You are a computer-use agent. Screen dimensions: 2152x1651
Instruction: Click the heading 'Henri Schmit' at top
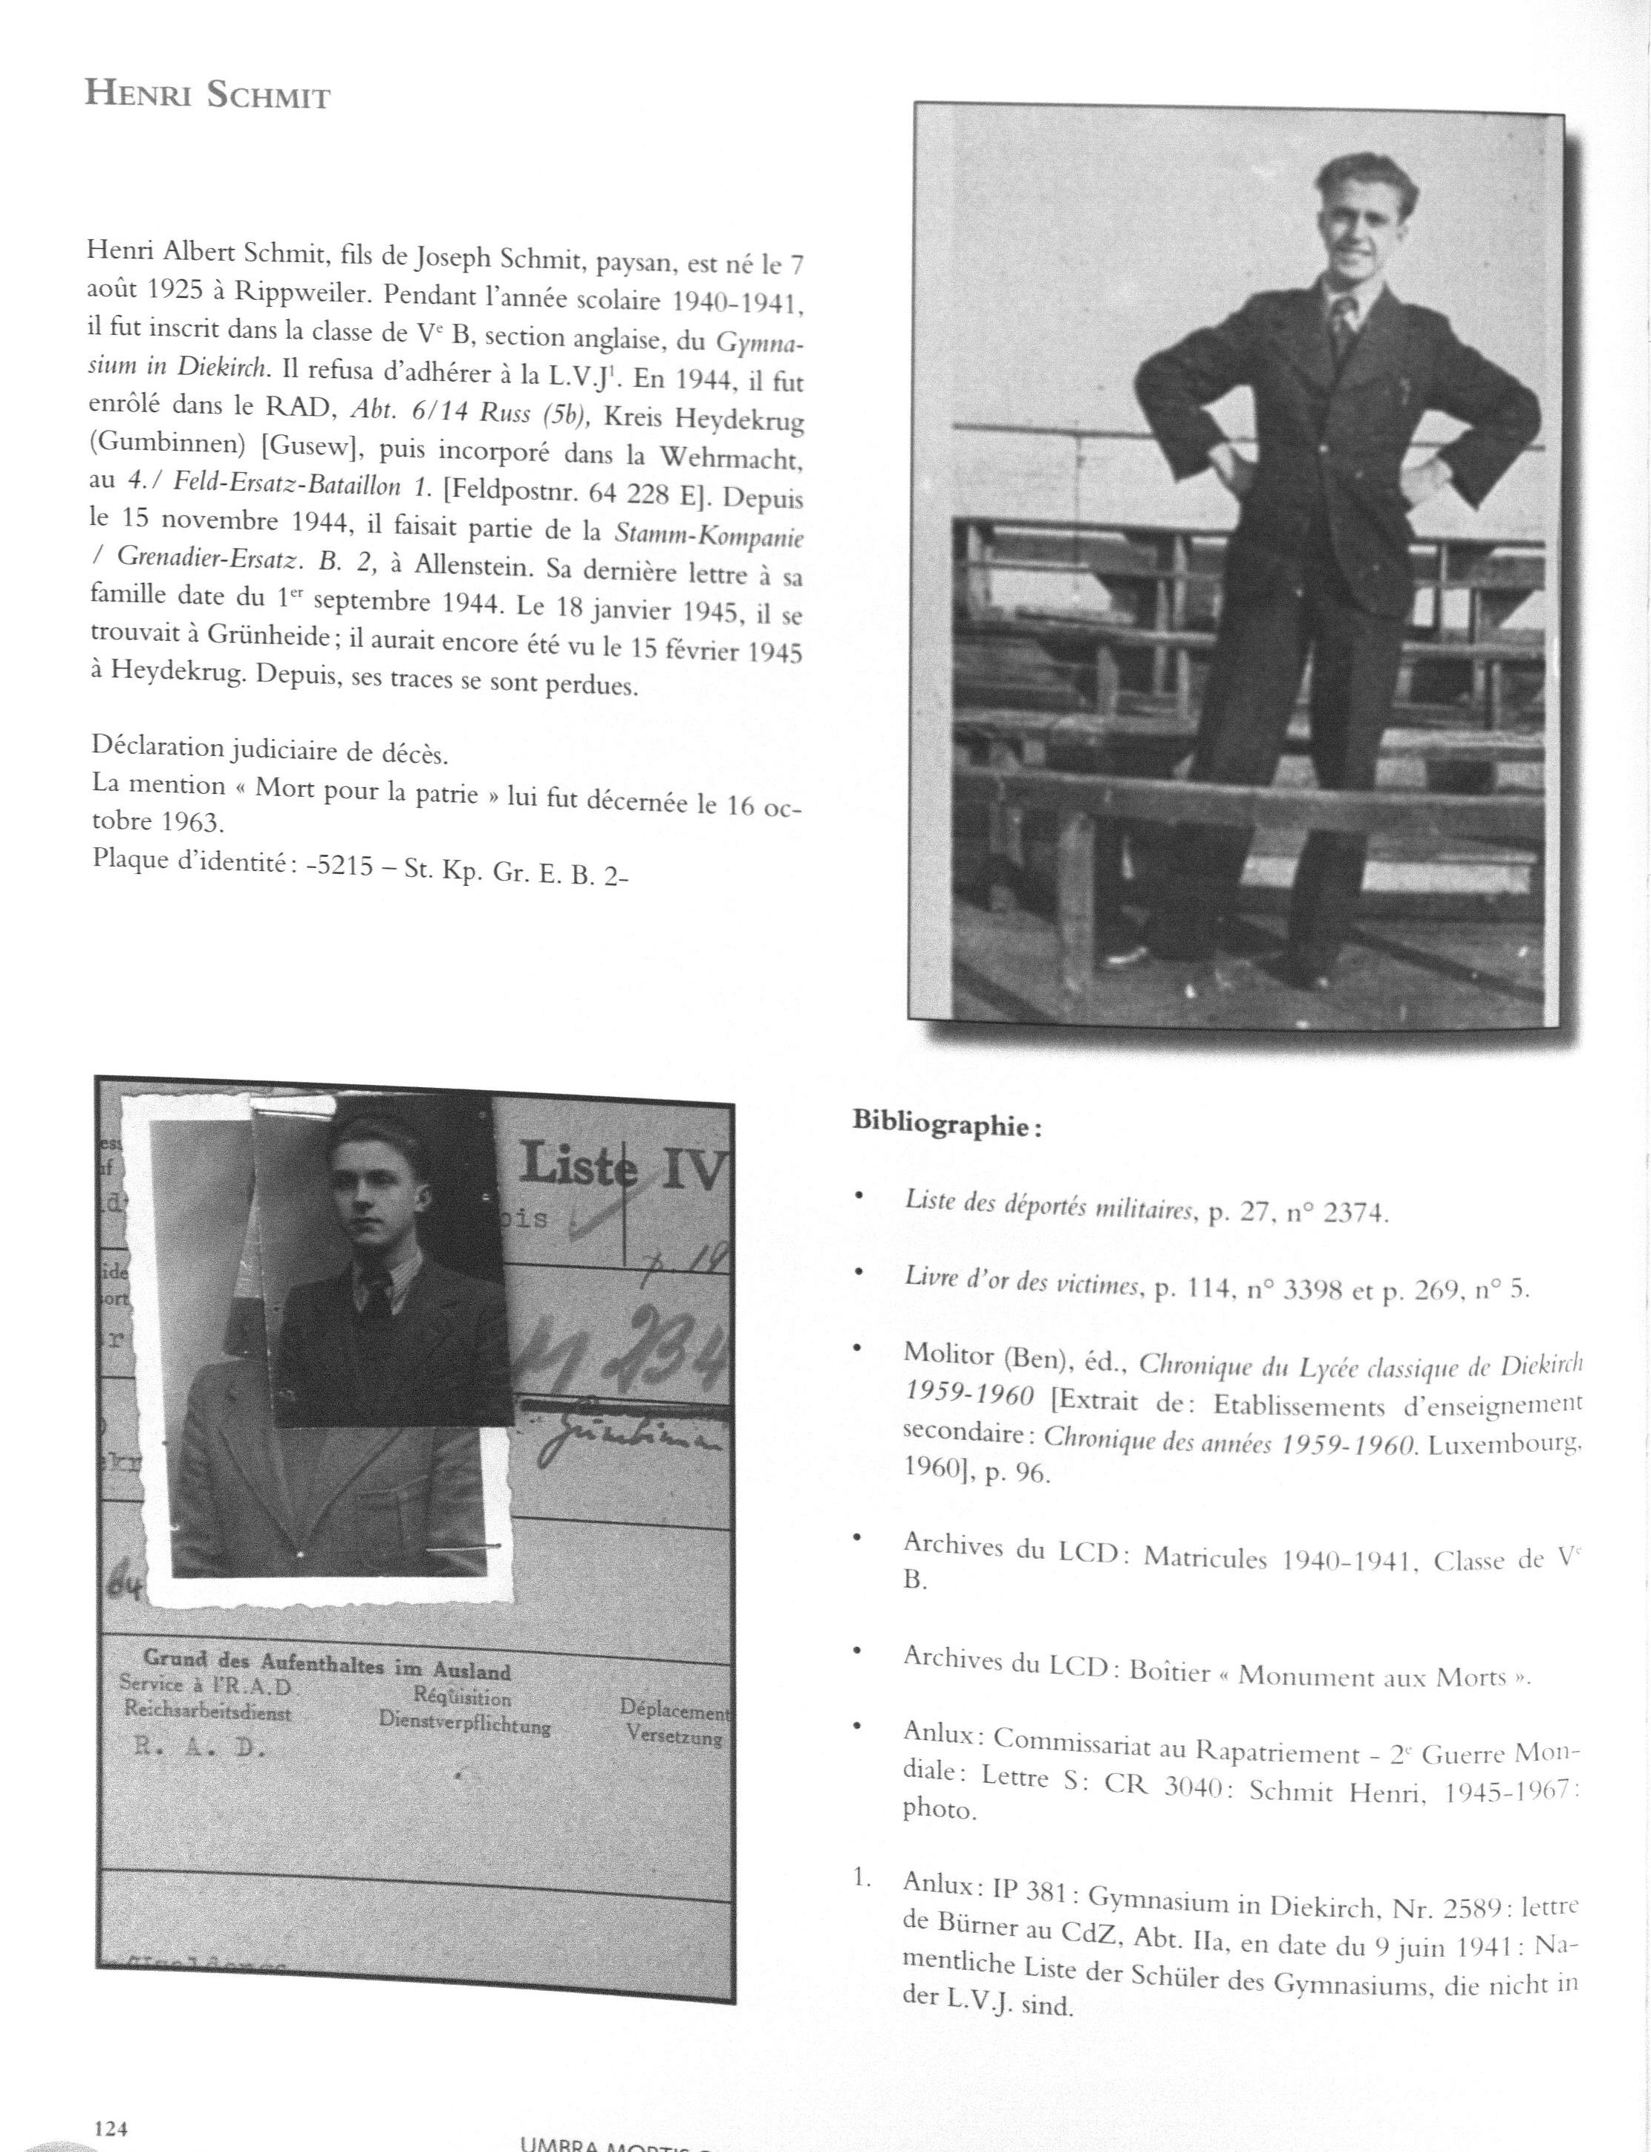point(207,95)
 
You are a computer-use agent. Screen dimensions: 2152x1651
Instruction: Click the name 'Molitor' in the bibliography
point(948,1353)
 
